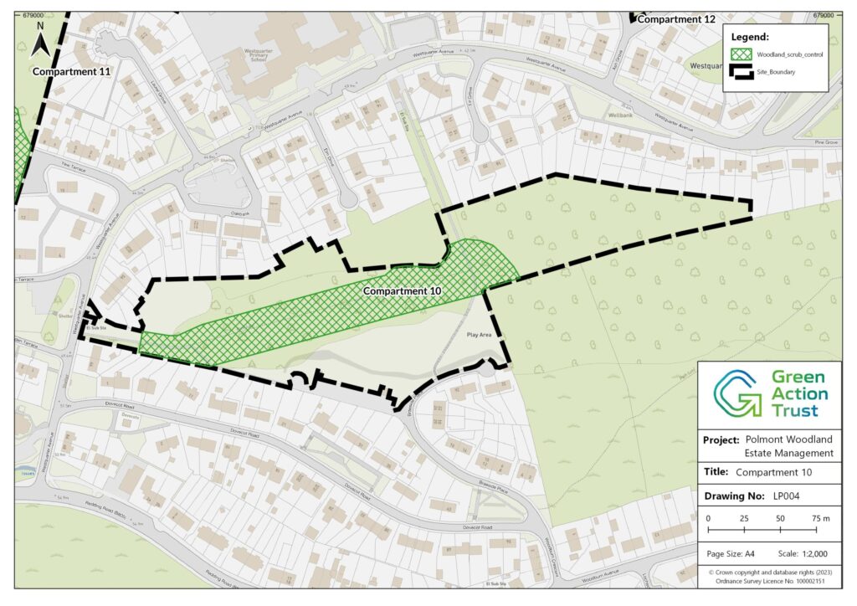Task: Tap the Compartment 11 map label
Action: pyautogui.click(x=71, y=72)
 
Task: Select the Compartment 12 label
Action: pyautogui.click(x=679, y=18)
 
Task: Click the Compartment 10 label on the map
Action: pyautogui.click(x=403, y=291)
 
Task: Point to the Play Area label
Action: pyautogui.click(x=480, y=334)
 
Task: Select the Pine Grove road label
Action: pyautogui.click(x=825, y=142)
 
